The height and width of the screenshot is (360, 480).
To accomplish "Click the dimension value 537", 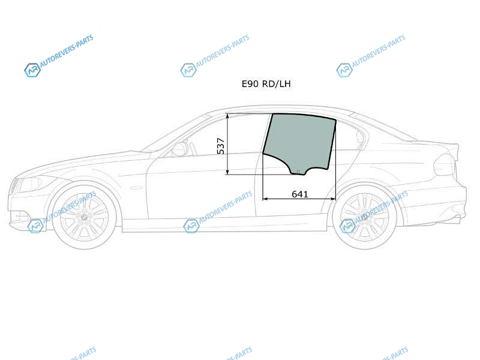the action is (220, 146).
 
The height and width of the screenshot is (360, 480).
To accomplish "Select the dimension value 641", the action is (299, 194).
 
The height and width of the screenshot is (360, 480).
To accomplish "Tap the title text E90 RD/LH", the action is (266, 83).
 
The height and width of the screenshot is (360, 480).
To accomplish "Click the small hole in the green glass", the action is (298, 172).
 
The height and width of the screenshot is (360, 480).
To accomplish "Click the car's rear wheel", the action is (364, 217).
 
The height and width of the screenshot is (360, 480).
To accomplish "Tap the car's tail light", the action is (445, 164).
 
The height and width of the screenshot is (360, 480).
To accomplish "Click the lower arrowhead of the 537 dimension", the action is (227, 172).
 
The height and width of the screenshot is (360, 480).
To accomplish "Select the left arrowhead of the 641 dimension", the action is (265, 199).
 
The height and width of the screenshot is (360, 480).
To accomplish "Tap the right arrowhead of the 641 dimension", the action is (333, 199).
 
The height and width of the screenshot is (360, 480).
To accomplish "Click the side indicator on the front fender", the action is (136, 187).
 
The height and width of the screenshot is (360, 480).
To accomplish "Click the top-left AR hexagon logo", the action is (32, 70).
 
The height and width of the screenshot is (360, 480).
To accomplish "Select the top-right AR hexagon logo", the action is (344, 70).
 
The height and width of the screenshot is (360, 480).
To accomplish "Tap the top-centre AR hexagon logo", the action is (188, 70).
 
